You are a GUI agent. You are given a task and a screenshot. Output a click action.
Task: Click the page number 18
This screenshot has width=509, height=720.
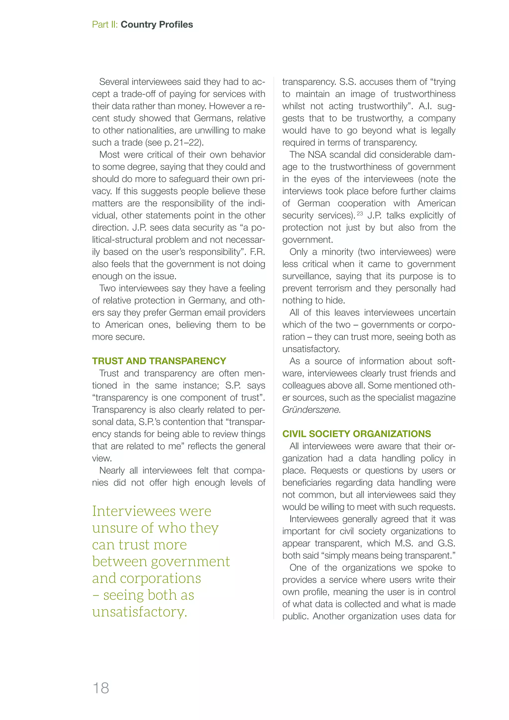[101, 688]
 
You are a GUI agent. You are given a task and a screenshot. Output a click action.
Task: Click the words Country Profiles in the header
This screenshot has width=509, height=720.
[157, 24]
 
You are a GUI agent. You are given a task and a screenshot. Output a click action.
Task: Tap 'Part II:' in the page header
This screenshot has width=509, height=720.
[105, 24]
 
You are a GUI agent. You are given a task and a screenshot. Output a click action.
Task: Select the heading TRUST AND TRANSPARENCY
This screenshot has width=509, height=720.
[159, 361]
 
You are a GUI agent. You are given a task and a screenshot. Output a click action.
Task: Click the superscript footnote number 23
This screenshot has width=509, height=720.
[360, 214]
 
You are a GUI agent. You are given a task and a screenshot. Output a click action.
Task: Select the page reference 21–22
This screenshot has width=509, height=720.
[187, 143]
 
